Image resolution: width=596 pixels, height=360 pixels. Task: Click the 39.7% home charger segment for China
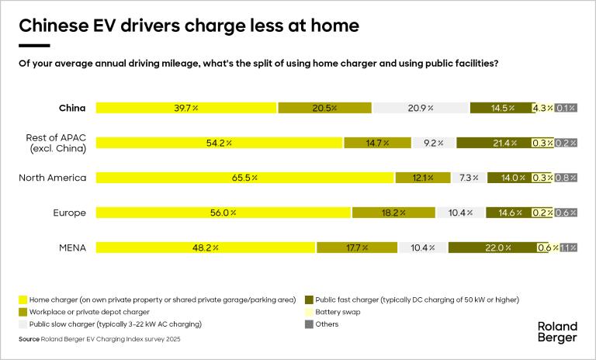186,108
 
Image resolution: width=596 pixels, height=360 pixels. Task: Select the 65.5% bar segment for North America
245,178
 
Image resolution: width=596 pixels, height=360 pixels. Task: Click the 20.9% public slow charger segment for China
421,108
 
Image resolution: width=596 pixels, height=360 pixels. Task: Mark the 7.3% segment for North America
469,178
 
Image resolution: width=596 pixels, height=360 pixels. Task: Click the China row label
72,108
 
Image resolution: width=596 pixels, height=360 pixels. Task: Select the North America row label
52,178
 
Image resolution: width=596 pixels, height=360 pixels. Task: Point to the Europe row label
68,213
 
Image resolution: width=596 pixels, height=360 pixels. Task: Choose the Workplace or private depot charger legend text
85,312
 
